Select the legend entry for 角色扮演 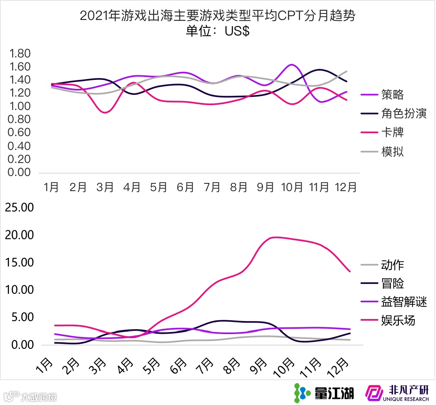[404, 114]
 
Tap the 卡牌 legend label [392, 133]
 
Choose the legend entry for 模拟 [392, 152]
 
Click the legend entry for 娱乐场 [398, 321]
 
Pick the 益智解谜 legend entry [404, 302]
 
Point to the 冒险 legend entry [392, 284]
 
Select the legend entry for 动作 [392, 265]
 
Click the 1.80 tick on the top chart [20, 54]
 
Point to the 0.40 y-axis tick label [20, 146]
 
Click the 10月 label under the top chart [292, 187]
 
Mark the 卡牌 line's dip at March [105, 112]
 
